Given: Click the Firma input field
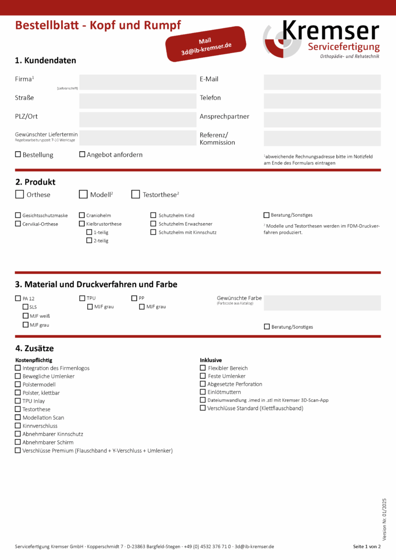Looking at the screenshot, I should [x=138, y=83].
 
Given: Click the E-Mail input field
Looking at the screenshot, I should [x=322, y=83].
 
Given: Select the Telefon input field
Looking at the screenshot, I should [x=322, y=101].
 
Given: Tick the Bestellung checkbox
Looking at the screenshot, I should [x=18, y=154].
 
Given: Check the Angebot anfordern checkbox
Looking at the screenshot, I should [x=82, y=154].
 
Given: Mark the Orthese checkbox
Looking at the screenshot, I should [x=20, y=194].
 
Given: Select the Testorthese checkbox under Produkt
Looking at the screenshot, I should [x=136, y=194].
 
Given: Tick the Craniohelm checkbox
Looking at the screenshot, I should [x=82, y=215].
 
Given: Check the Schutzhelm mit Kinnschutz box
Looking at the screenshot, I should [x=154, y=232].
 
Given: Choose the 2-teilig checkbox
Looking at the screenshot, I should [x=89, y=240].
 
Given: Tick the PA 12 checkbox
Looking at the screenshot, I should [x=18, y=299].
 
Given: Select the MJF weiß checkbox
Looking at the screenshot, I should [x=25, y=316].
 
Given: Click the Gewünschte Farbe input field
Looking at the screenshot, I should [x=322, y=303].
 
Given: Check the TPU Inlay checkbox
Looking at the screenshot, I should [x=18, y=401].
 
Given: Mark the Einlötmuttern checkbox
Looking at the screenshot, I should [x=203, y=392].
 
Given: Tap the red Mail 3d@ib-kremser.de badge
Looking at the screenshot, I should [x=206, y=44].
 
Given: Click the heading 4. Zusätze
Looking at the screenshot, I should [x=35, y=349].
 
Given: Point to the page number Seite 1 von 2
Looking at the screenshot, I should [x=367, y=546].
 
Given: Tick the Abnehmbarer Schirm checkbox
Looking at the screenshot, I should [x=18, y=442].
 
